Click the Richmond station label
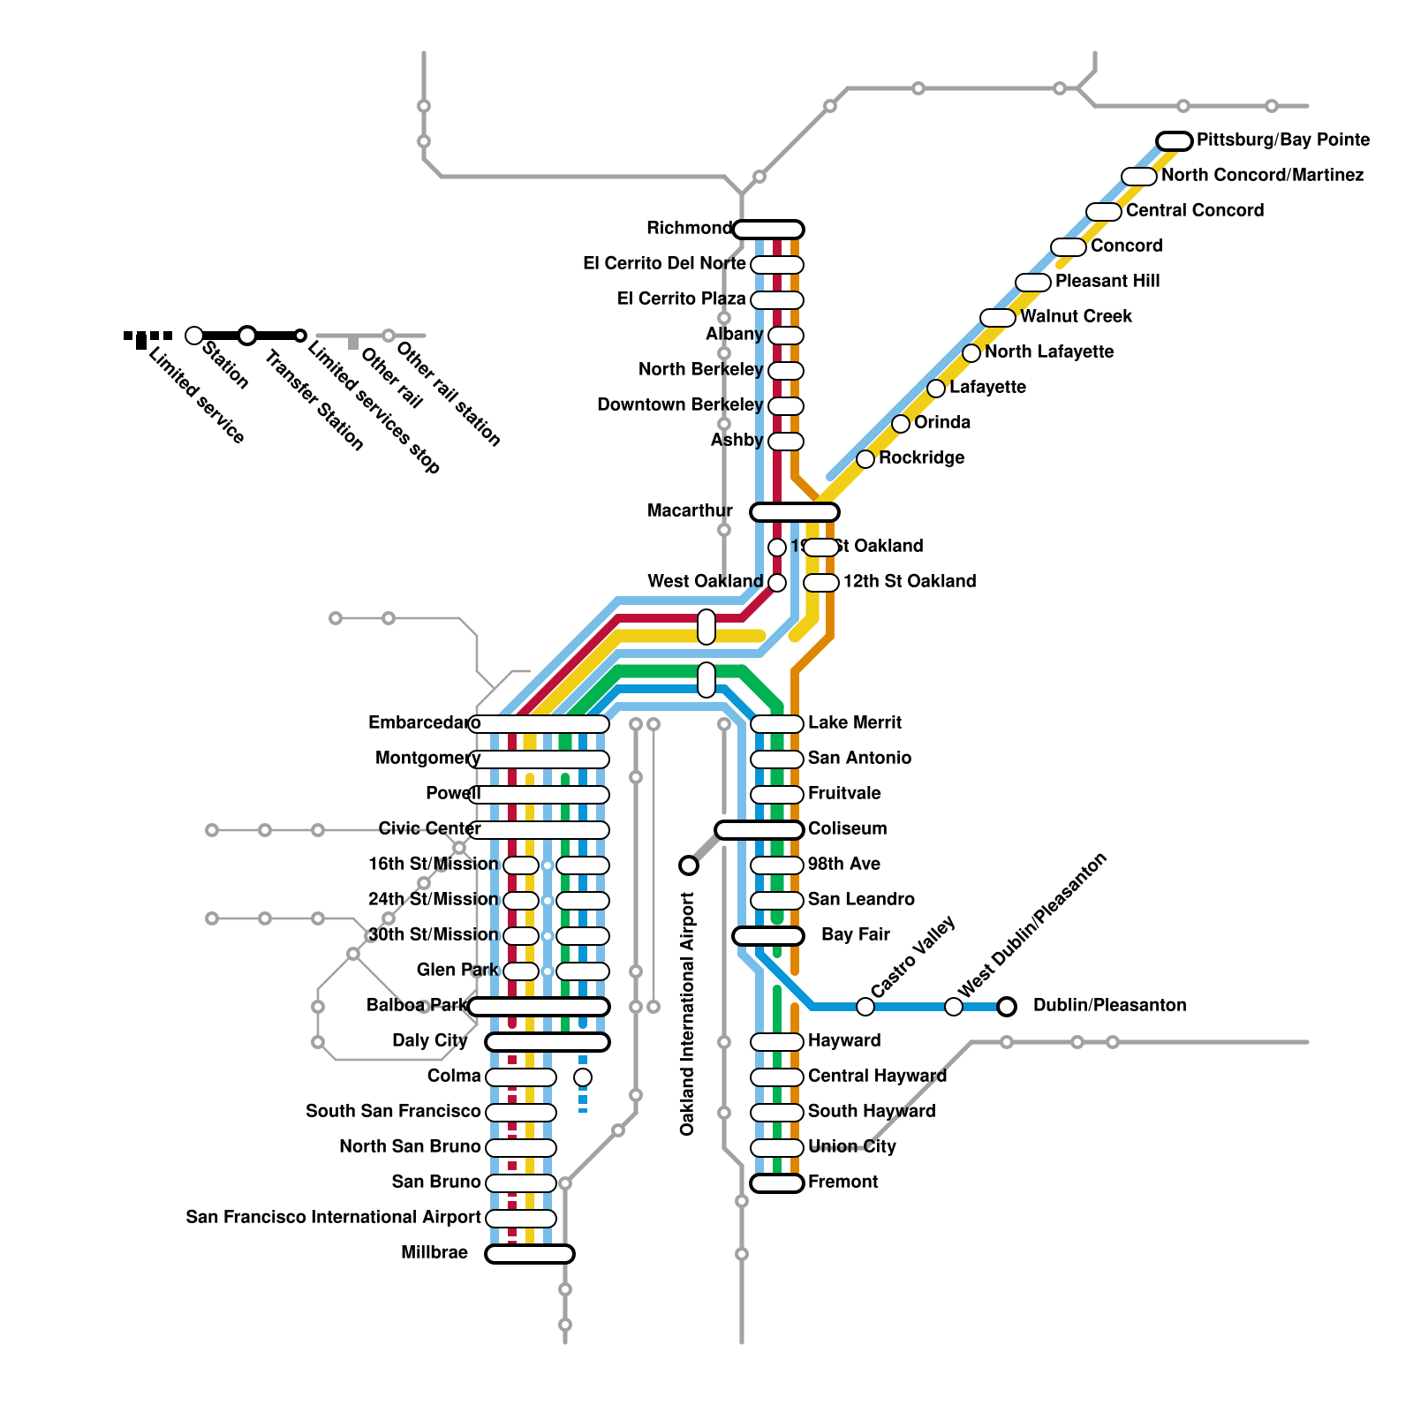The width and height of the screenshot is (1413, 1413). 689,229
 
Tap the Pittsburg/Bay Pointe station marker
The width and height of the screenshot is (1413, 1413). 1175,141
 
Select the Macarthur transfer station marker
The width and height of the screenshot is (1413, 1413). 795,512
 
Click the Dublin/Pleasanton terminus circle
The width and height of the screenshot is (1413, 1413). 1007,1007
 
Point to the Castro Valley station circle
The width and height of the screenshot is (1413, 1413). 865,1007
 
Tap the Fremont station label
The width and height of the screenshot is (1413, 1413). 843,1183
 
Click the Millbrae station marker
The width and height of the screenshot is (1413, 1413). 530,1254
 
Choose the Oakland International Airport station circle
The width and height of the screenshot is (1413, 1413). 689,865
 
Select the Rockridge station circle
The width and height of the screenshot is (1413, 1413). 865,459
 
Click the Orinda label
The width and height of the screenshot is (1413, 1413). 942,423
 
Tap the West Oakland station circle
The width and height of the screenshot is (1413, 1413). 777,583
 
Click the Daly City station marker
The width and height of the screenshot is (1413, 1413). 548,1042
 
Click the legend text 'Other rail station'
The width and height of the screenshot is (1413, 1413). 449,394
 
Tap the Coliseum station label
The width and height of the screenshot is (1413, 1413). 847,829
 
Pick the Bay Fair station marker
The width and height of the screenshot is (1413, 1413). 768,936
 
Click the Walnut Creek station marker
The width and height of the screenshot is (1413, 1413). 998,318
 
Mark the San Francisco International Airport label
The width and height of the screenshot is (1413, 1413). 333,1218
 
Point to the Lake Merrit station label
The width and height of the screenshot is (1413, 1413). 854,723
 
